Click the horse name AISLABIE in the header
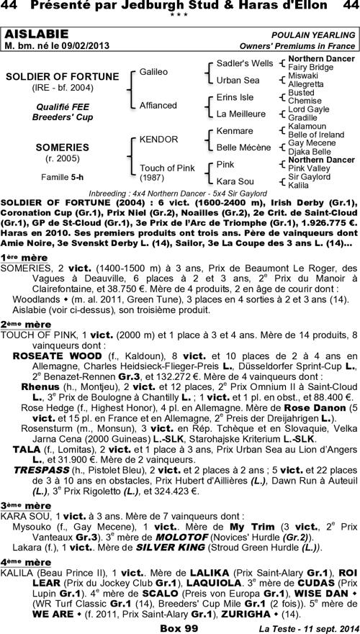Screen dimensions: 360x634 [37, 35]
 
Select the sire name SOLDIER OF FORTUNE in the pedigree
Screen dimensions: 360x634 [62, 76]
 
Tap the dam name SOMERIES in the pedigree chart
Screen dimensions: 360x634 [62, 146]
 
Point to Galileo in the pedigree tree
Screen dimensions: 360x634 [153, 73]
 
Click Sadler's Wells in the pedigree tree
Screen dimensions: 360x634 [244, 64]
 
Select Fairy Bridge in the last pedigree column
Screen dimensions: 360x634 [311, 67]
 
